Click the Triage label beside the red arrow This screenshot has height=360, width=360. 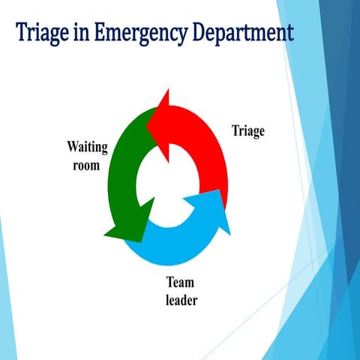pyautogui.click(x=247, y=132)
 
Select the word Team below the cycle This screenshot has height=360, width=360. pyautogui.click(x=180, y=283)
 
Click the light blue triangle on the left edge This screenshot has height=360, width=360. pyautogui.click(x=4, y=285)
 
